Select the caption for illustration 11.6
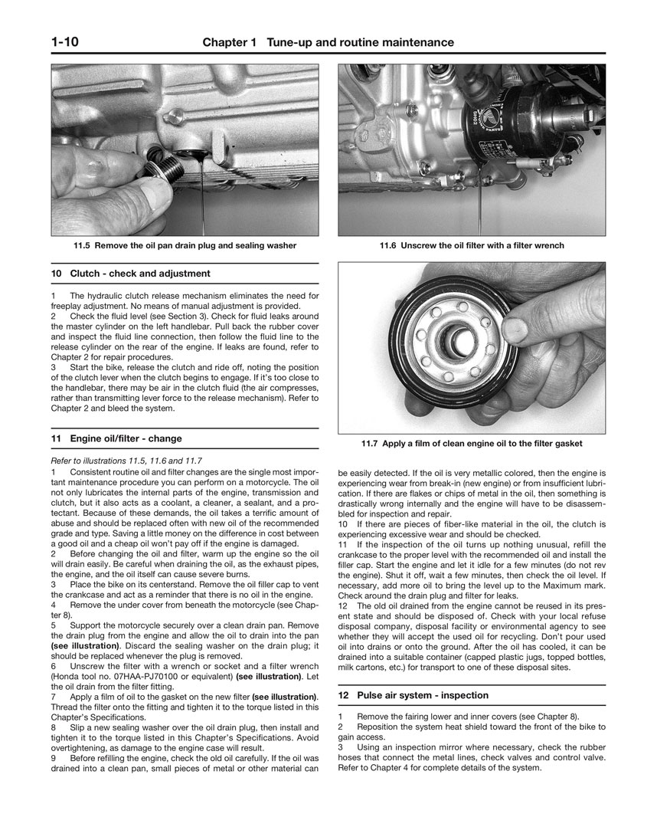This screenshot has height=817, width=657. coord(472,245)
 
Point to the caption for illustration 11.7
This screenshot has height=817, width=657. coord(472,443)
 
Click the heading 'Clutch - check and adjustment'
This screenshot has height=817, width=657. coord(139,273)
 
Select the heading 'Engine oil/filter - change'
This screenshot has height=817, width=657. coord(126,439)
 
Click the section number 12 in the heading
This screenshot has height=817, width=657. coord(344,695)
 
